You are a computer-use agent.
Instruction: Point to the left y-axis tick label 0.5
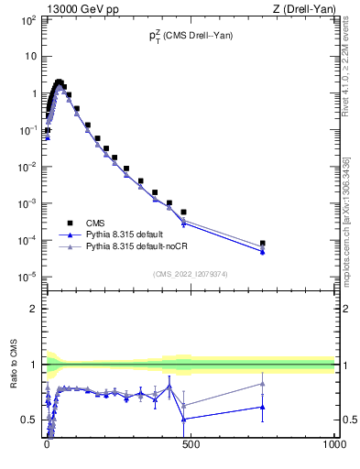[x=28, y=420]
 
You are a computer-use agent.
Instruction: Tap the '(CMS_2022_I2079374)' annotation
[x=190, y=272]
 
